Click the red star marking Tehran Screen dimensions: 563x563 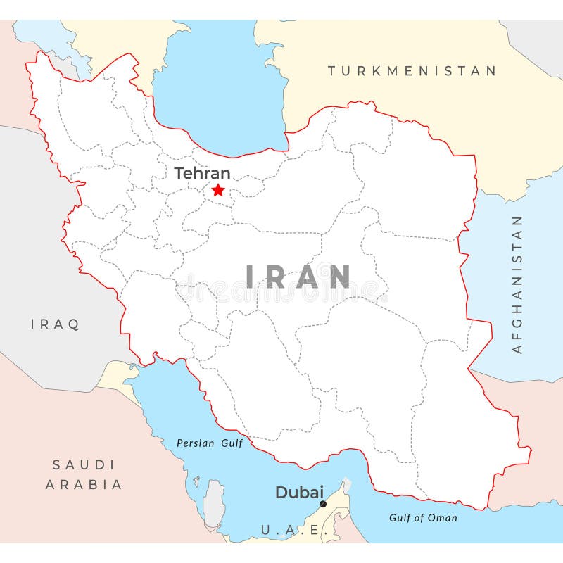point(218,190)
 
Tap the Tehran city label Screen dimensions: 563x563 point(202,173)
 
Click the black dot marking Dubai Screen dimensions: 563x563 point(323,504)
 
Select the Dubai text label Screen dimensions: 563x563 point(299,493)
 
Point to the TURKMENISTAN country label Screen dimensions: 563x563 point(412,71)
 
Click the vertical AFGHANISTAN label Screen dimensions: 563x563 point(517,284)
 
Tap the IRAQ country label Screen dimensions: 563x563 point(55,324)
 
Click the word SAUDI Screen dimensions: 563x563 point(84,464)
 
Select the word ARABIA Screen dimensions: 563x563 point(84,484)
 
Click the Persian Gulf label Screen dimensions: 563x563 point(209,443)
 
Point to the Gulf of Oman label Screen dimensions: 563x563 point(423,518)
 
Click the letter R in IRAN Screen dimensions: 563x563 point(277,277)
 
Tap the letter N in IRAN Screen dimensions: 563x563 point(339,277)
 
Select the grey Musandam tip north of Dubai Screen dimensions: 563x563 point(346,486)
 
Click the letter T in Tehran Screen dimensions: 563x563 point(179,173)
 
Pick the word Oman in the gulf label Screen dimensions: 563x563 point(442,518)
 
